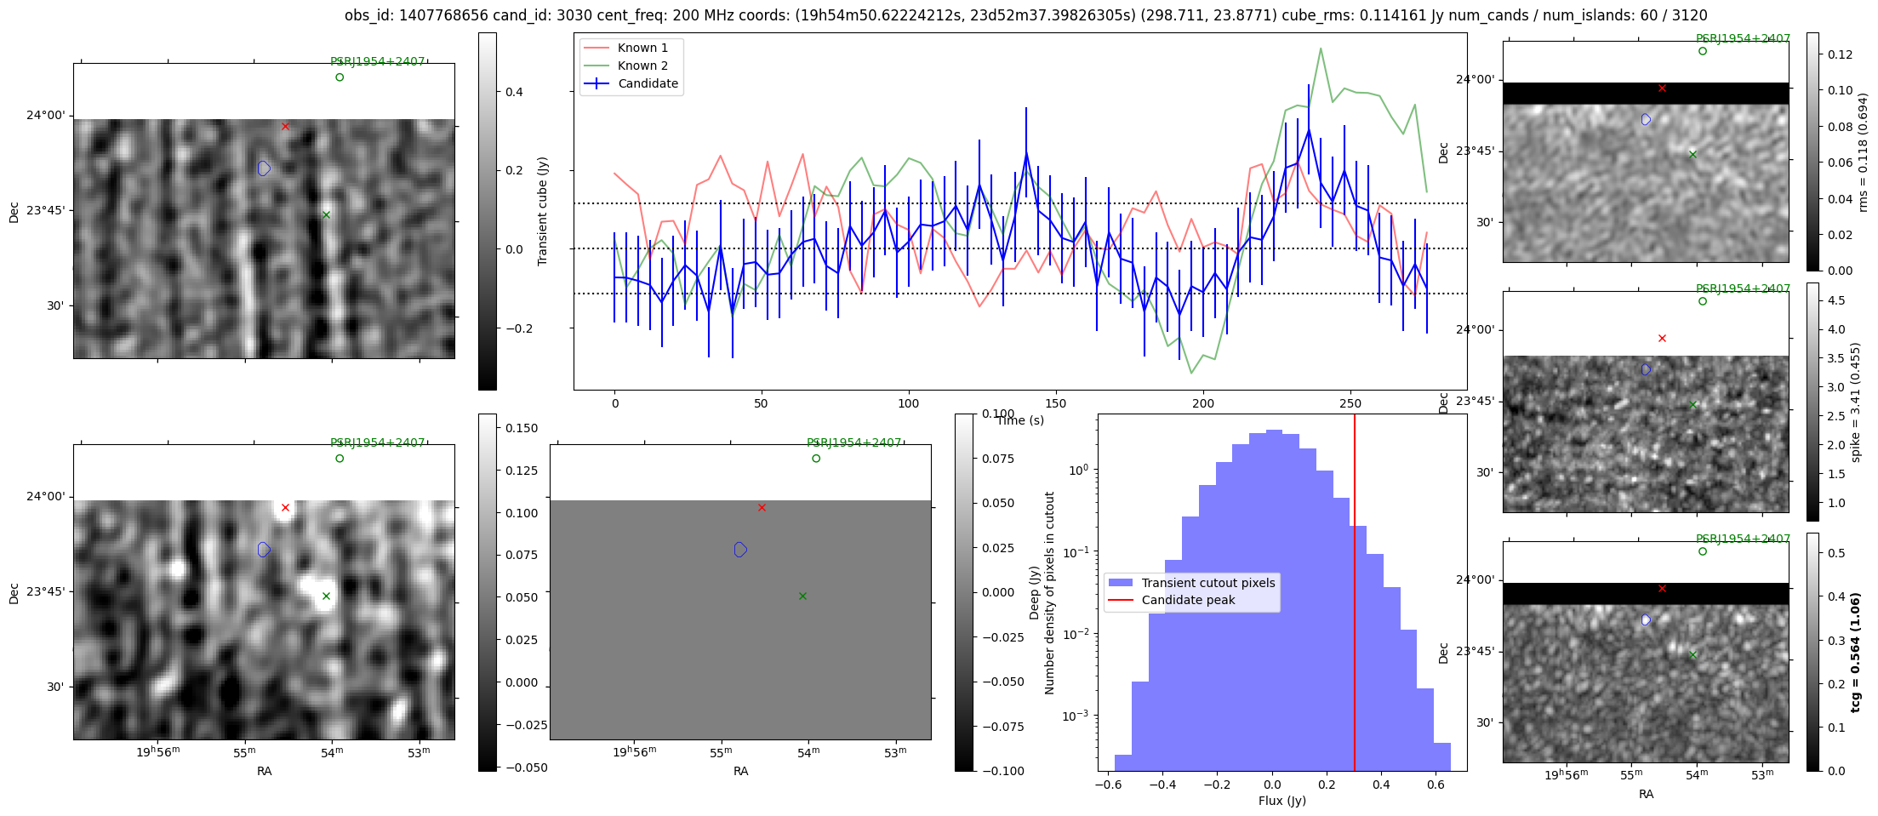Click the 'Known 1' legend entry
click(x=642, y=48)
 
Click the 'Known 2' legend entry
click(x=642, y=66)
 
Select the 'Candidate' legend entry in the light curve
click(x=648, y=83)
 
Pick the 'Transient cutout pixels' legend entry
click(x=1207, y=583)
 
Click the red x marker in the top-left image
click(x=285, y=127)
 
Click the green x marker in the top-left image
click(x=326, y=214)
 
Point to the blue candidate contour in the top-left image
click(x=264, y=168)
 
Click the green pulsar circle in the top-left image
click(x=340, y=77)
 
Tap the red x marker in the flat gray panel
click(x=762, y=508)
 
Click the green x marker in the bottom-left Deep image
click(x=326, y=596)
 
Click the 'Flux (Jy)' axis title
click(x=1281, y=801)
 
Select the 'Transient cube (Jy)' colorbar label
click(x=543, y=211)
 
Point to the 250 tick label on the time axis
click(x=1350, y=403)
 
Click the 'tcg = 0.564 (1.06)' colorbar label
click(x=1855, y=652)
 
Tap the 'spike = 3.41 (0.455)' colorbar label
click(x=1855, y=402)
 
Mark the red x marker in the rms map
click(x=1662, y=88)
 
